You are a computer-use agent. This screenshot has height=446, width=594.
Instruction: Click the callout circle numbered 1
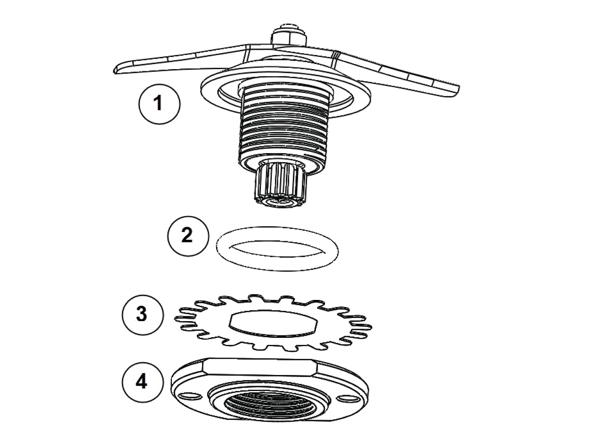tap(159, 103)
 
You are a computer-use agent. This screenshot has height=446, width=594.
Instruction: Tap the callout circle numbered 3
tap(142, 314)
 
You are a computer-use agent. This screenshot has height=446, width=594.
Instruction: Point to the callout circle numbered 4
tap(142, 382)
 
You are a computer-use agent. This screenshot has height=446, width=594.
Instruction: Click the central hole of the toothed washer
tap(274, 323)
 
